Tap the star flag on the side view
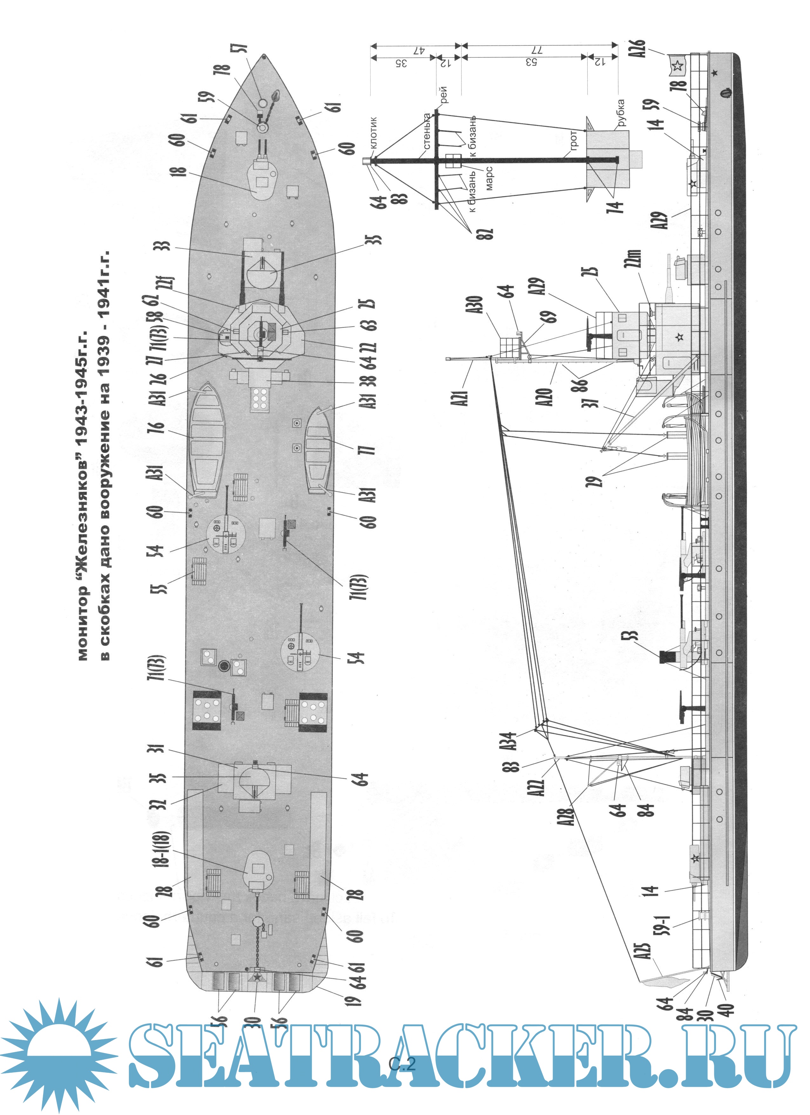pos(677,65)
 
